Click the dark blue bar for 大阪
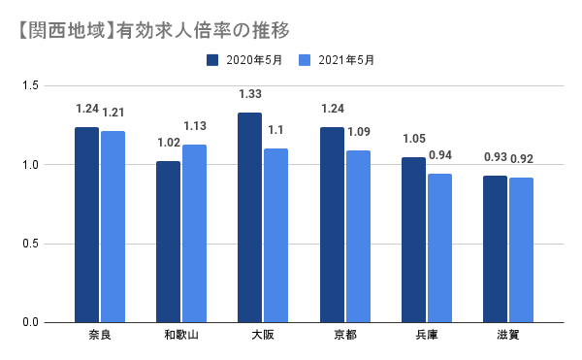[249, 217]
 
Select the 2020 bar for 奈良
[86, 224]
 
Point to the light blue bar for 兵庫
[439, 247]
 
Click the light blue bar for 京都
[358, 236]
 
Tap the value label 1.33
[250, 94]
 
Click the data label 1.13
[195, 126]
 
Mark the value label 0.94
[440, 155]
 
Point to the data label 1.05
[413, 139]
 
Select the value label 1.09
[359, 132]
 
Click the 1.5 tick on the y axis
[32, 86]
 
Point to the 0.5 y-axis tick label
[32, 244]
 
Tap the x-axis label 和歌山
[181, 336]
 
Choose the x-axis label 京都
[344, 336]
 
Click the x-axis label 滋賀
[508, 336]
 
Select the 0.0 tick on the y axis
[32, 322]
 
